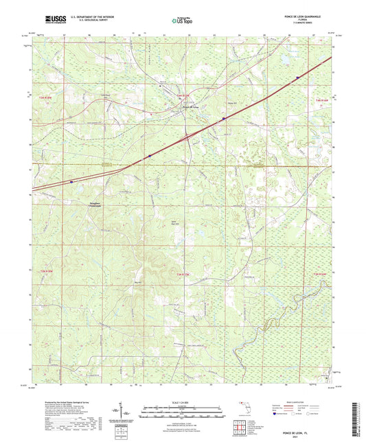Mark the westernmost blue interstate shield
pos(72,182)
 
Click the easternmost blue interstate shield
pos(297,78)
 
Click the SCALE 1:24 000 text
pos(182,402)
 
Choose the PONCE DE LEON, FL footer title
pos(309,430)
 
